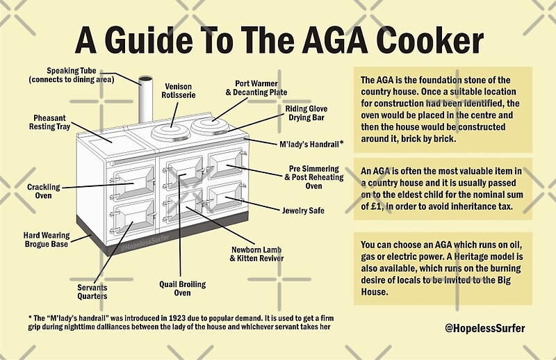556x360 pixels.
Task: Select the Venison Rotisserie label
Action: pos(178,91)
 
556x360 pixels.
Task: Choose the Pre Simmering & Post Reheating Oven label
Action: pos(313,177)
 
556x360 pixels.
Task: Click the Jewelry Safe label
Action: pos(302,210)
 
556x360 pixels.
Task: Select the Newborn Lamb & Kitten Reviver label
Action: pos(258,254)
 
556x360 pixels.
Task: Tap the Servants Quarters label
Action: pos(92,291)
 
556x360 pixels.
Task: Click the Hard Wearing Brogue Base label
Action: pos(47,240)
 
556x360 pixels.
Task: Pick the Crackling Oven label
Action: pos(44,191)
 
